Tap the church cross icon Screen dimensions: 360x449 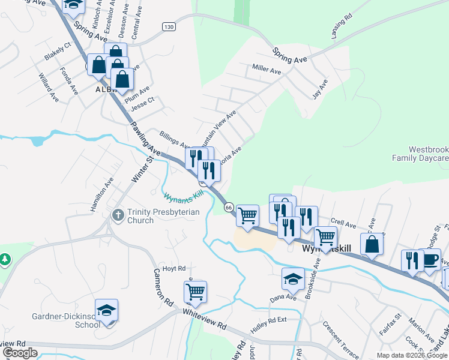(x=118, y=214)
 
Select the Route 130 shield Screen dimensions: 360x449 (x=168, y=27)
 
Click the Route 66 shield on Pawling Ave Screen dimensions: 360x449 (x=229, y=207)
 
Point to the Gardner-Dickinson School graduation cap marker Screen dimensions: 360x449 (x=106, y=311)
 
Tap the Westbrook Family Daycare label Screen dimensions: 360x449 (x=428, y=154)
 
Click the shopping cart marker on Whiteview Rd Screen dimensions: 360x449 (x=195, y=292)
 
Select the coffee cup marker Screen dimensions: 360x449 (x=430, y=260)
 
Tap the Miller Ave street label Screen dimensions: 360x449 (x=267, y=70)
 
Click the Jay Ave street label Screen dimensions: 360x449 (x=320, y=89)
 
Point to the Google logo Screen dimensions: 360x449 (x=20, y=353)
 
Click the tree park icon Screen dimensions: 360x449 (x=5, y=259)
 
